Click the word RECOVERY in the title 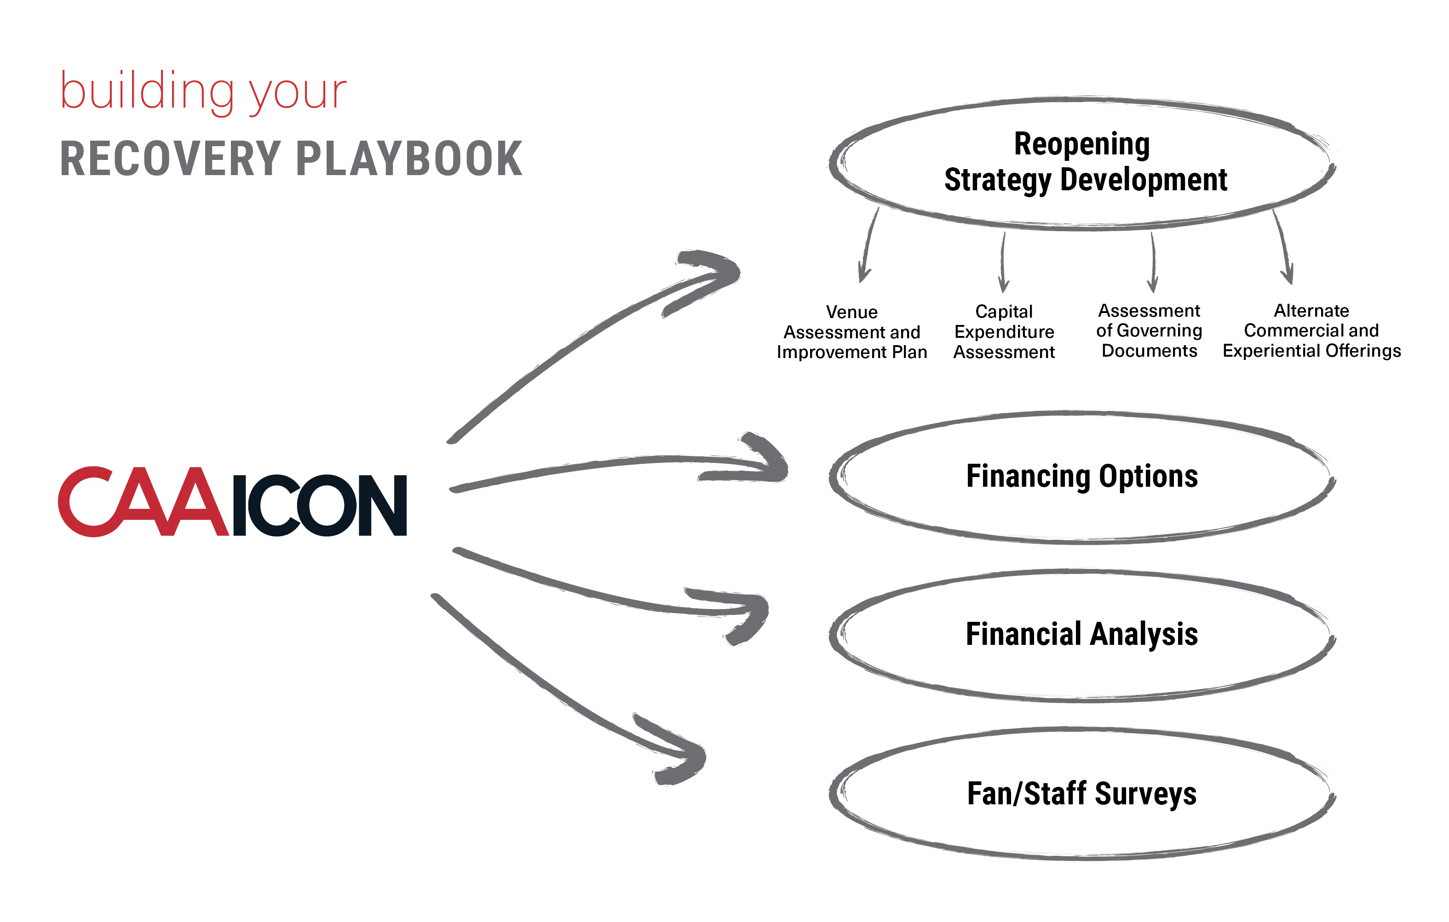(x=170, y=159)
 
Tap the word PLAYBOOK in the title (x=409, y=159)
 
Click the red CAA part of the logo (x=143, y=501)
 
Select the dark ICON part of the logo (x=320, y=505)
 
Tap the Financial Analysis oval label (x=1082, y=635)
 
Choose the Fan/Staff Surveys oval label (x=1082, y=793)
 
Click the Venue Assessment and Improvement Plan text (x=851, y=332)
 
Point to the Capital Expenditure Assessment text (x=1004, y=331)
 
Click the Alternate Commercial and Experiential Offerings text (x=1312, y=331)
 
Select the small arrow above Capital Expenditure (x=1003, y=262)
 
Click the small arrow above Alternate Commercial (x=1283, y=247)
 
